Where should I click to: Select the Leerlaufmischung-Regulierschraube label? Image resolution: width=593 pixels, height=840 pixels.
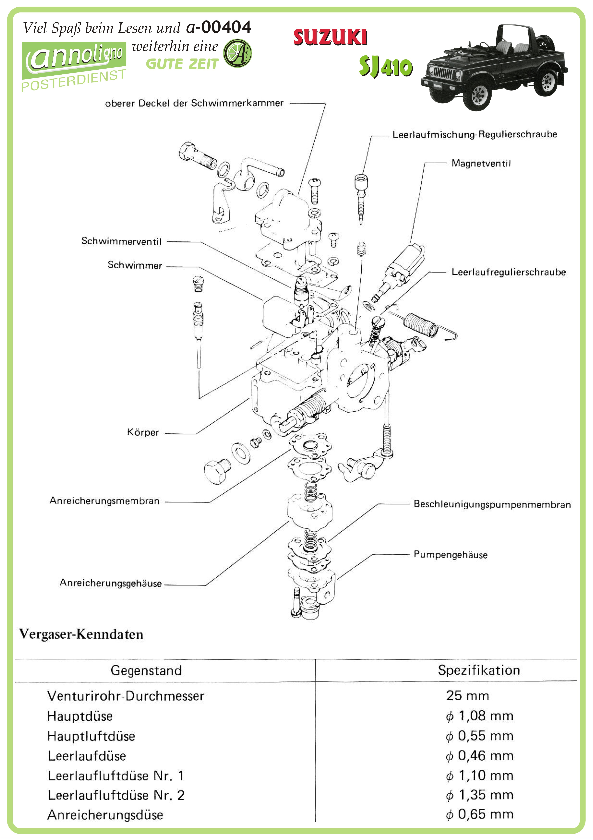point(474,135)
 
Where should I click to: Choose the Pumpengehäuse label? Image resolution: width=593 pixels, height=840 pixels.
point(450,555)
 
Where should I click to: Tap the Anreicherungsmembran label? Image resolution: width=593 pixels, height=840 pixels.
point(105,501)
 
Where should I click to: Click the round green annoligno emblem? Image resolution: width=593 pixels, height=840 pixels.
point(237,53)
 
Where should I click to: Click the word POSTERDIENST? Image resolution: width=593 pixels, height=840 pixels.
point(74,80)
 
